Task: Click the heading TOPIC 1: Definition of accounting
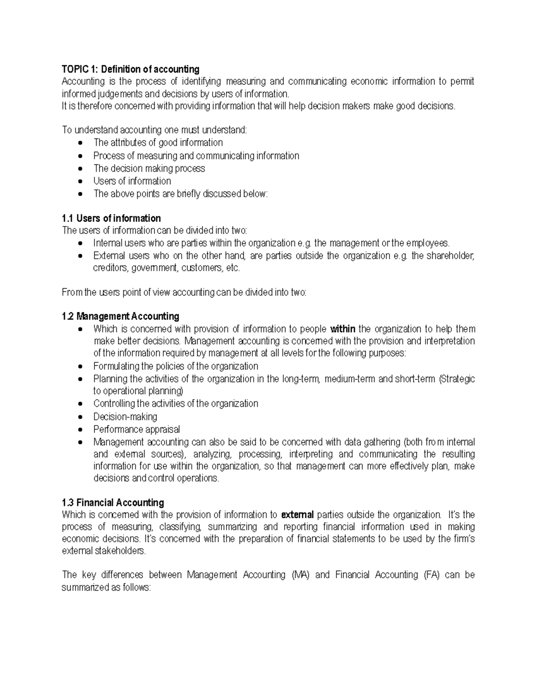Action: tap(130, 69)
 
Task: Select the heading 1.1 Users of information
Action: tap(111, 218)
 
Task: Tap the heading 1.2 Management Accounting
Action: tap(120, 316)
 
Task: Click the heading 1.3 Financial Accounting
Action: tap(113, 503)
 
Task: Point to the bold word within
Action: tap(342, 329)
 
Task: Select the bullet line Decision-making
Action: tap(125, 417)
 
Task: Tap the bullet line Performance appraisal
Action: tap(136, 429)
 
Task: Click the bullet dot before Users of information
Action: tap(80, 182)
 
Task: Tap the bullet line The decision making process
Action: tap(149, 169)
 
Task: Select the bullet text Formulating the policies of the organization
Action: tap(175, 366)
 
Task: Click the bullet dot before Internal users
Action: tap(80, 244)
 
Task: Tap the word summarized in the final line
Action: tap(85, 588)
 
